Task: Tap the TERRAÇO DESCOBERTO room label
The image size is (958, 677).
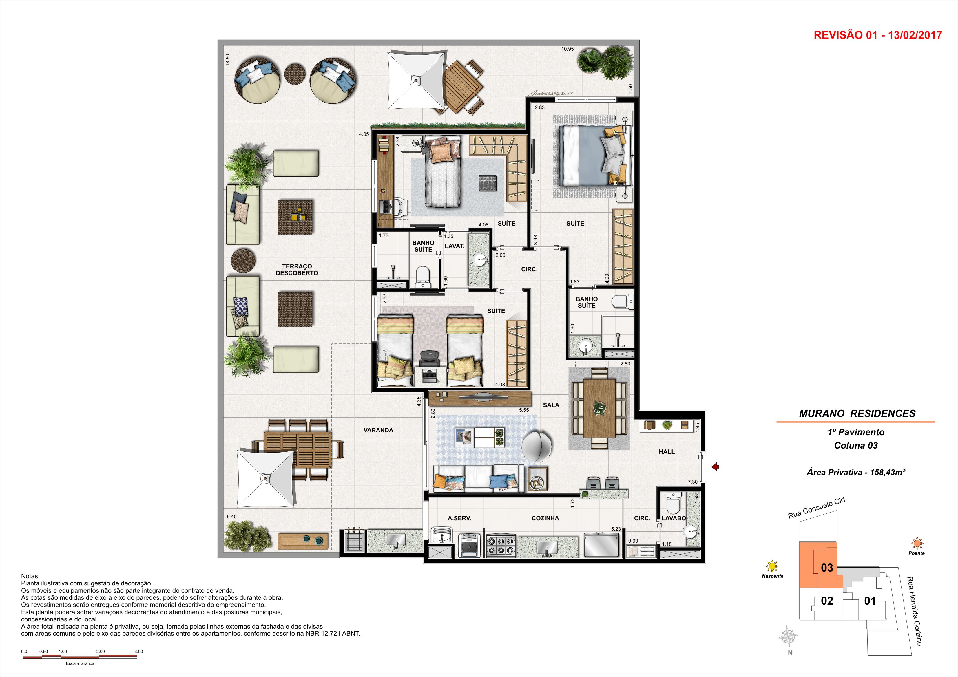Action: coord(297,270)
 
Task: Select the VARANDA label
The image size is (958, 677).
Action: coord(378,430)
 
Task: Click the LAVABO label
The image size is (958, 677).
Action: coord(674,518)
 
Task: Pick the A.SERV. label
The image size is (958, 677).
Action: coord(459,518)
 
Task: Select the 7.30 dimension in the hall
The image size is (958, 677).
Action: coord(693,482)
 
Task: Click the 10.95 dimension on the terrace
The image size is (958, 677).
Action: coord(567,49)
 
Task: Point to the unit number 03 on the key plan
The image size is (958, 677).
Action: coord(827,568)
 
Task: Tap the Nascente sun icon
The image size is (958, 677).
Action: coord(772,566)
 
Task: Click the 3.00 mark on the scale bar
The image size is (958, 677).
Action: coord(138,652)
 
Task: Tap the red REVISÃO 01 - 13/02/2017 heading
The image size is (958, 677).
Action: coord(878,35)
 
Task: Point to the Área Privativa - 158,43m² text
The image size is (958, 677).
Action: coord(856,473)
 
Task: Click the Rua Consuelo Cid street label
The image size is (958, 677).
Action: coord(817,508)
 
